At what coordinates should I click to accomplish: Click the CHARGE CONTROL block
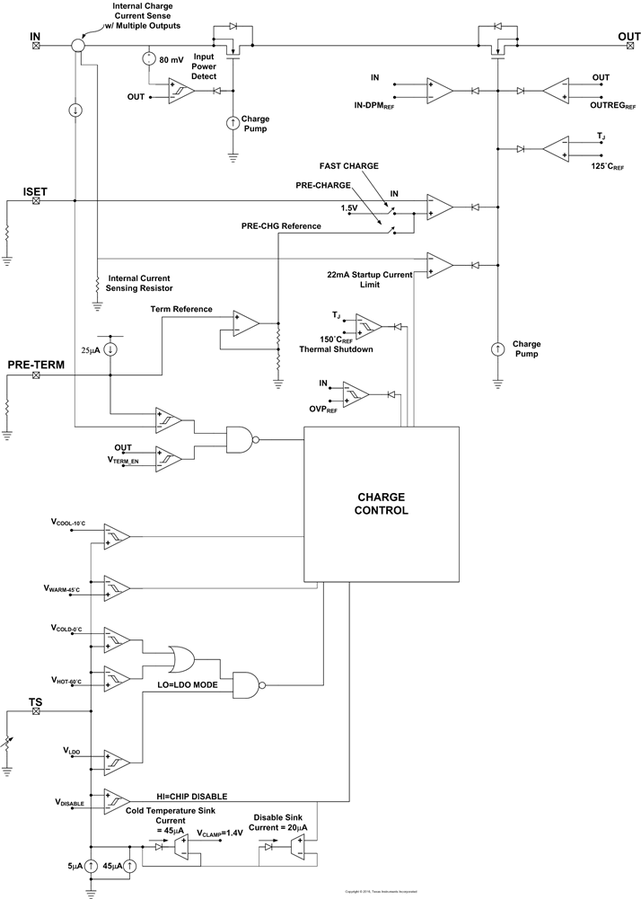[x=382, y=503]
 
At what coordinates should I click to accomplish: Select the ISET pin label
[x=35, y=191]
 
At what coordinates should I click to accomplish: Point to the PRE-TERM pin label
[x=34, y=365]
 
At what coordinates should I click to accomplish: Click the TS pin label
[x=35, y=701]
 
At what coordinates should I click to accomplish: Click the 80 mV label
[x=171, y=59]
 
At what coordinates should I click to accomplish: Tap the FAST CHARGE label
[x=349, y=166]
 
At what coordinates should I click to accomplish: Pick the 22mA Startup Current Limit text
[x=371, y=278]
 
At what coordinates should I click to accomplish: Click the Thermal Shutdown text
[x=350, y=350]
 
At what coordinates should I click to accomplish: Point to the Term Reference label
[x=181, y=309]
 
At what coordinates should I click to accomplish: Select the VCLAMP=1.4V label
[x=221, y=833]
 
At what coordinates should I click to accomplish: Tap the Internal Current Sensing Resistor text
[x=137, y=284]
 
